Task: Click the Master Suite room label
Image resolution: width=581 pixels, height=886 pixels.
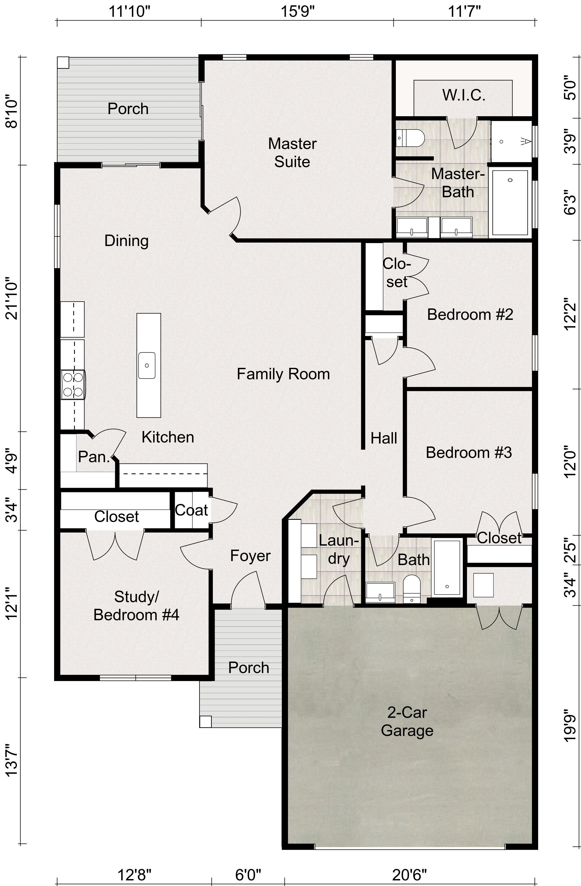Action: click(x=292, y=153)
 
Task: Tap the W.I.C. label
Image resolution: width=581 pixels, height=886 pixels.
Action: click(x=464, y=95)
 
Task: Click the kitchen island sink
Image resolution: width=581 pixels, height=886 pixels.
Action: click(x=147, y=365)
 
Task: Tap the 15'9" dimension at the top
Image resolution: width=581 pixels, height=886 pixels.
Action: click(x=297, y=11)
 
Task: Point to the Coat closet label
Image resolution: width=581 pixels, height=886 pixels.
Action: click(x=191, y=510)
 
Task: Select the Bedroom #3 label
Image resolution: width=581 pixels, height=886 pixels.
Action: click(x=469, y=452)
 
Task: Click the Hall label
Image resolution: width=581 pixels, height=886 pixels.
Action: click(x=384, y=438)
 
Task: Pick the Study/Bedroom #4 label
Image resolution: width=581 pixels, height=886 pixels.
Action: click(x=136, y=606)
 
